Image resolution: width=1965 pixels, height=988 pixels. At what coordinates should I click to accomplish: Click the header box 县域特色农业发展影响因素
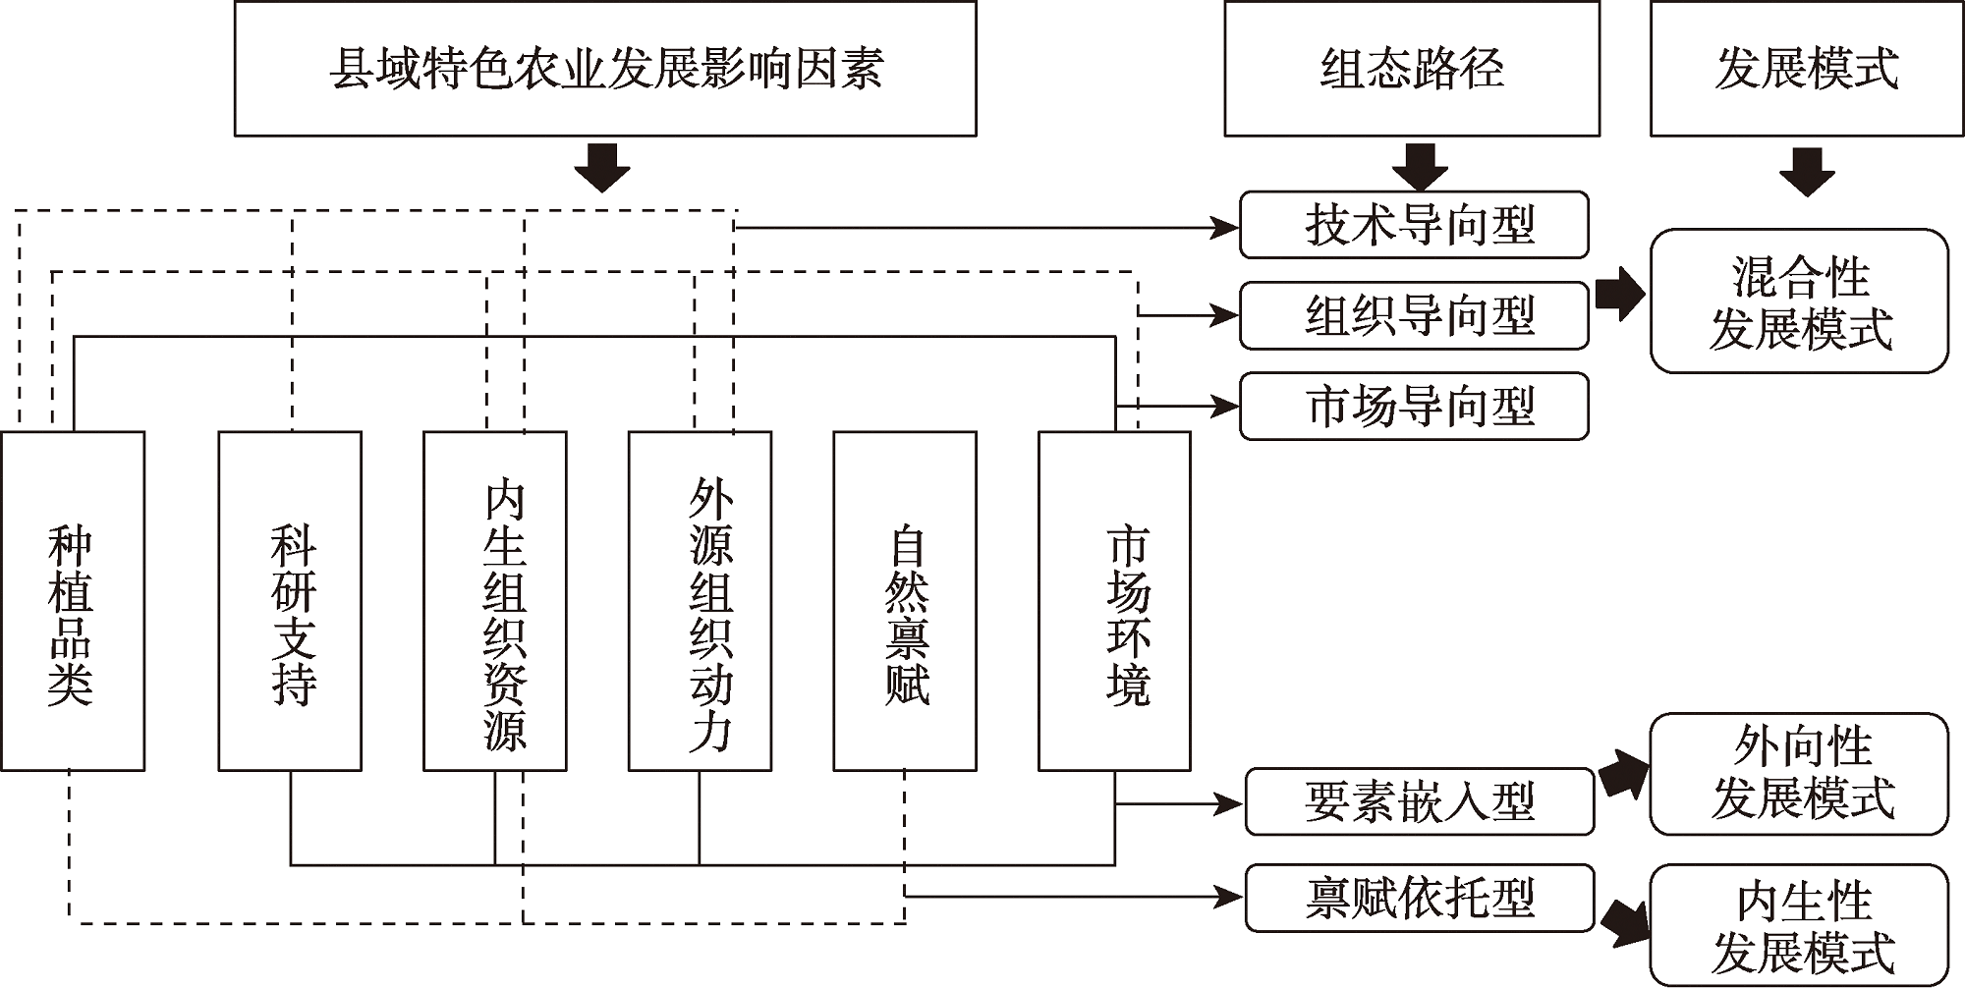(x=605, y=69)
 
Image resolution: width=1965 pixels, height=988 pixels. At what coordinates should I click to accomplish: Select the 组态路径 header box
(x=1412, y=69)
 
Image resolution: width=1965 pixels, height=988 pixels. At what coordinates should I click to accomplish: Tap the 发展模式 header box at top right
(x=1807, y=69)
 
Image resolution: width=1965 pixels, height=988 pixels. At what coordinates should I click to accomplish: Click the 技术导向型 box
(x=1414, y=225)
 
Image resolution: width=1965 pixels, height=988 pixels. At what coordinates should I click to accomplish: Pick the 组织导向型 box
(x=1414, y=315)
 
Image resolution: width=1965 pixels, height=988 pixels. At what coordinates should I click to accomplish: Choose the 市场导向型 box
(x=1414, y=406)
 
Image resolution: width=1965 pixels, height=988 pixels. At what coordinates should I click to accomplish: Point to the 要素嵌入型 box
(x=1419, y=801)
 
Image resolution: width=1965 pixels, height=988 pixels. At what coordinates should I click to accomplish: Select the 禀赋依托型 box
(x=1419, y=898)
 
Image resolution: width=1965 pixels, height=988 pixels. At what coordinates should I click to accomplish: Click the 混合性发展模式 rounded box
(x=1799, y=302)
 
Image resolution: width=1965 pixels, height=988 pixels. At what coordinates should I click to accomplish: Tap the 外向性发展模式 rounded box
(x=1799, y=774)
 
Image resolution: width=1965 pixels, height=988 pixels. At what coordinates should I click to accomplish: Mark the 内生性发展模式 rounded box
(x=1799, y=925)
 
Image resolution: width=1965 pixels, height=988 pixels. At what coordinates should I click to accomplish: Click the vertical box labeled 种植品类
(x=73, y=601)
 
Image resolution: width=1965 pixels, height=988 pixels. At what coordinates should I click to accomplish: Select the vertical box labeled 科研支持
(x=290, y=601)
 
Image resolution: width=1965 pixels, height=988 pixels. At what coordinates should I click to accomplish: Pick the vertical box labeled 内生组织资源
(x=494, y=601)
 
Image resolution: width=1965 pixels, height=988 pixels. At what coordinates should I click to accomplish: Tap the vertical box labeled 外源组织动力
(x=700, y=601)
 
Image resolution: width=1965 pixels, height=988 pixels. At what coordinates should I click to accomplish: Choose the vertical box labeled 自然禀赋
(x=905, y=601)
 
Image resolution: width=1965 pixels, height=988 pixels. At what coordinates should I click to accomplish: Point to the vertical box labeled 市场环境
(x=1114, y=601)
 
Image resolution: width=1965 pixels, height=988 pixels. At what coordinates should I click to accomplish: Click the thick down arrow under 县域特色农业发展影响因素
(x=602, y=168)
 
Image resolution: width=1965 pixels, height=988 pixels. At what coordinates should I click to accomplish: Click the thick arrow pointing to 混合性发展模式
(x=1619, y=293)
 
